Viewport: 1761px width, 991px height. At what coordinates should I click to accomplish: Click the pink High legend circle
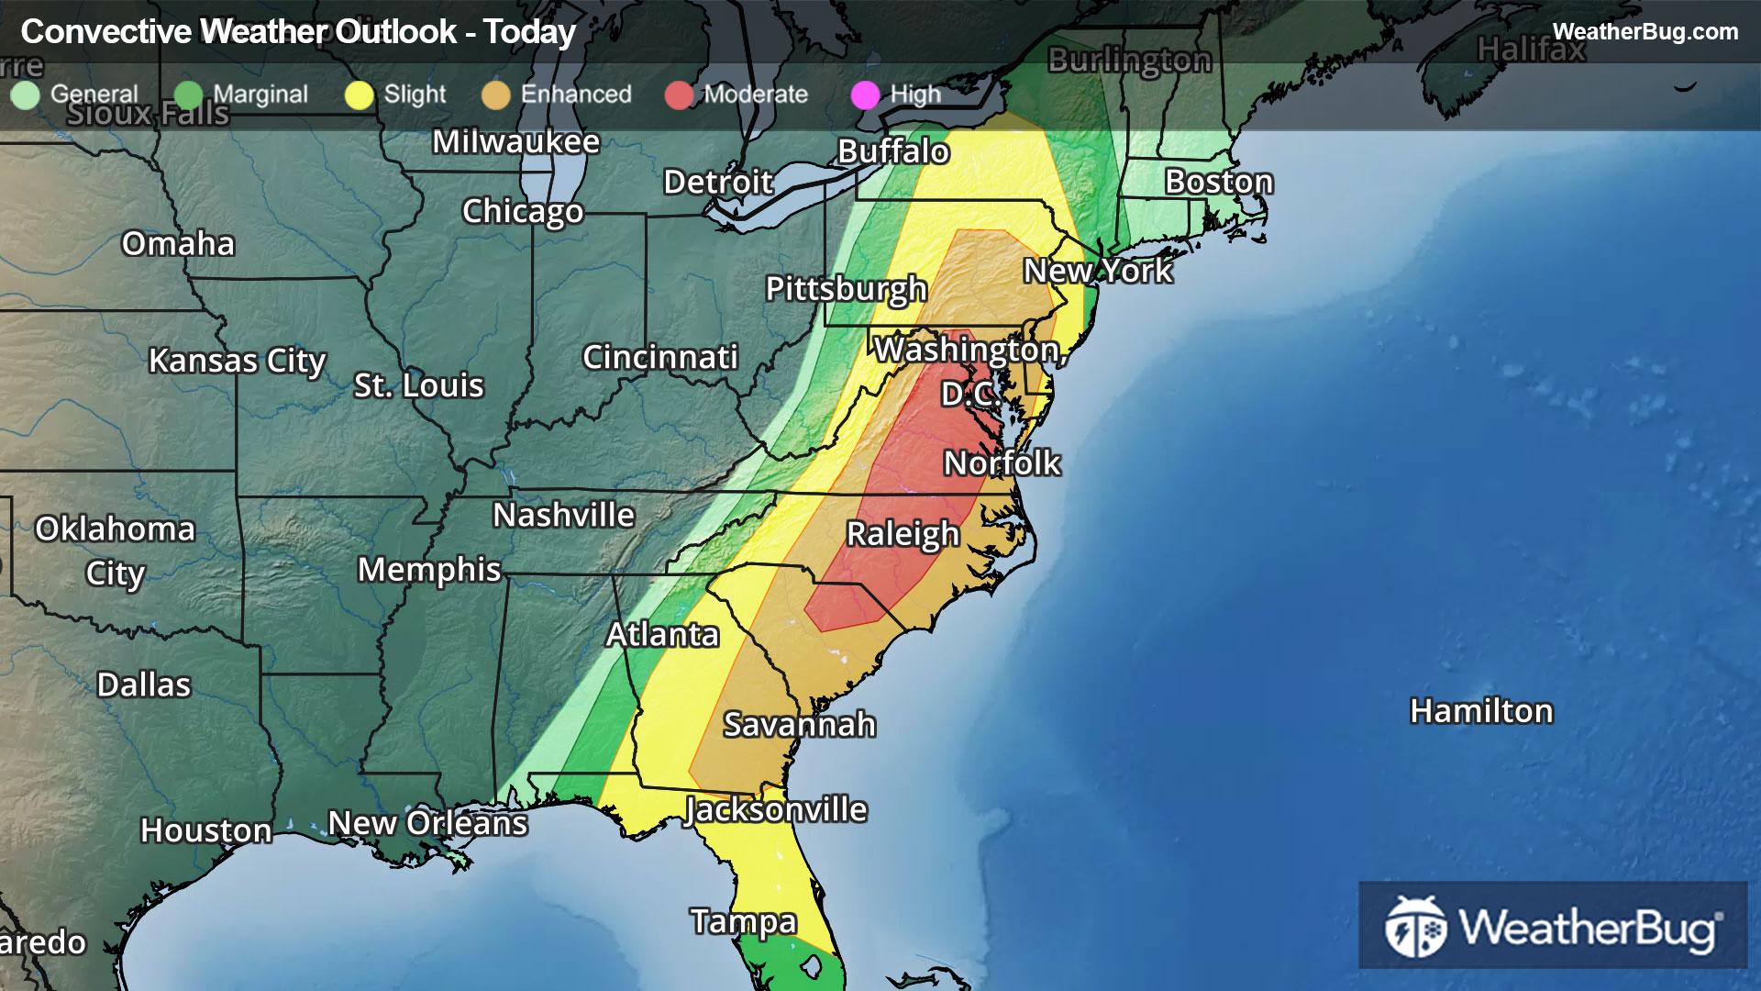click(x=866, y=95)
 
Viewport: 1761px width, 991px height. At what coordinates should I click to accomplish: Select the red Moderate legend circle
click(x=679, y=95)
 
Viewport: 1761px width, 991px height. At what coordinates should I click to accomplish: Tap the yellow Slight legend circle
click(x=360, y=95)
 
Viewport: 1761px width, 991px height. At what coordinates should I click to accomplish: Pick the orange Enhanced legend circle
click(x=496, y=95)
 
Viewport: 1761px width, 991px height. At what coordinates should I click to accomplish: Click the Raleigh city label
click(x=903, y=534)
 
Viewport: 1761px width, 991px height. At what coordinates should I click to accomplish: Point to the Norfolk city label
click(x=1002, y=463)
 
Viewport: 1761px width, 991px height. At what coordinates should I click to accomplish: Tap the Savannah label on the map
click(x=799, y=725)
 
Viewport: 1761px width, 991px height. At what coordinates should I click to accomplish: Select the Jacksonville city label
click(x=776, y=810)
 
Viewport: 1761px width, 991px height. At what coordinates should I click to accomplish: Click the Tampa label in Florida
click(x=743, y=921)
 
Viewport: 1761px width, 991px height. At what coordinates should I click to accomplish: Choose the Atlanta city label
click(x=662, y=635)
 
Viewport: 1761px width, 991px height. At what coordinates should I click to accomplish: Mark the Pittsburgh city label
click(x=846, y=289)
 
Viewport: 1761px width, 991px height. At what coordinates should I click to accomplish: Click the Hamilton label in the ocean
click(x=1480, y=711)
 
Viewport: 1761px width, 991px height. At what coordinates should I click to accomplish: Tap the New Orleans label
click(x=427, y=823)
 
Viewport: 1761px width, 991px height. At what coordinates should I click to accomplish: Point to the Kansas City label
click(x=237, y=361)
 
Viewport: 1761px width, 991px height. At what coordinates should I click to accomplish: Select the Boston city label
click(x=1218, y=182)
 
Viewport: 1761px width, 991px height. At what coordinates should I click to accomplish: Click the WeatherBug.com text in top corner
click(x=1645, y=31)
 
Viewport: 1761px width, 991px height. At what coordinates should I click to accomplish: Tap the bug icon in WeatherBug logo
click(x=1415, y=927)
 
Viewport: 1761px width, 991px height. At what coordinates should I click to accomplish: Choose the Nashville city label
click(x=563, y=516)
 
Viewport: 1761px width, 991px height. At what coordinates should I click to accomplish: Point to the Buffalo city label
click(x=892, y=151)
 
